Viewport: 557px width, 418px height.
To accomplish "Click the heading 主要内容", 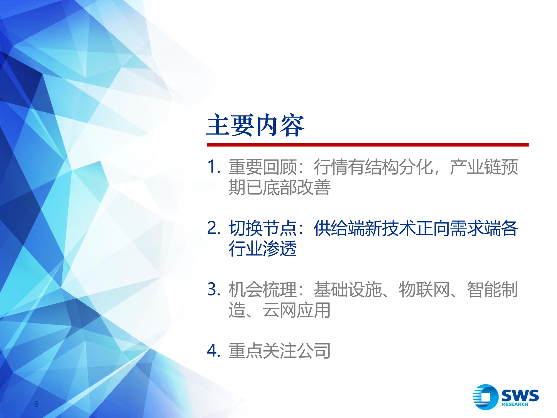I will point(255,125).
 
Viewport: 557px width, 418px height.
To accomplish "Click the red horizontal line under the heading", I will point(368,145).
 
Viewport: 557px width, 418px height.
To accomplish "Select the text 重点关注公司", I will point(279,351).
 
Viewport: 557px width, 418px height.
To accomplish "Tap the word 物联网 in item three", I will point(424,290).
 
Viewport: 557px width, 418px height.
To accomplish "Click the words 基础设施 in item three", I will point(348,290).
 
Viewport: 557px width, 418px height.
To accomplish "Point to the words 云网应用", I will point(296,310).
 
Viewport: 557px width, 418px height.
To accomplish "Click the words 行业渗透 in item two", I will point(262,249).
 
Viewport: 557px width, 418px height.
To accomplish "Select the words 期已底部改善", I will point(279,187).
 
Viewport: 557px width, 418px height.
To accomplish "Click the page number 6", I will point(36,404).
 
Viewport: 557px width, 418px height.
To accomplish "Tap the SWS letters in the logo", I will point(520,395).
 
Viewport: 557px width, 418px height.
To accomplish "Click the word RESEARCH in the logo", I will point(515,404).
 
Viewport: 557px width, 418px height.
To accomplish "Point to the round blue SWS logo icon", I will point(485,397).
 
